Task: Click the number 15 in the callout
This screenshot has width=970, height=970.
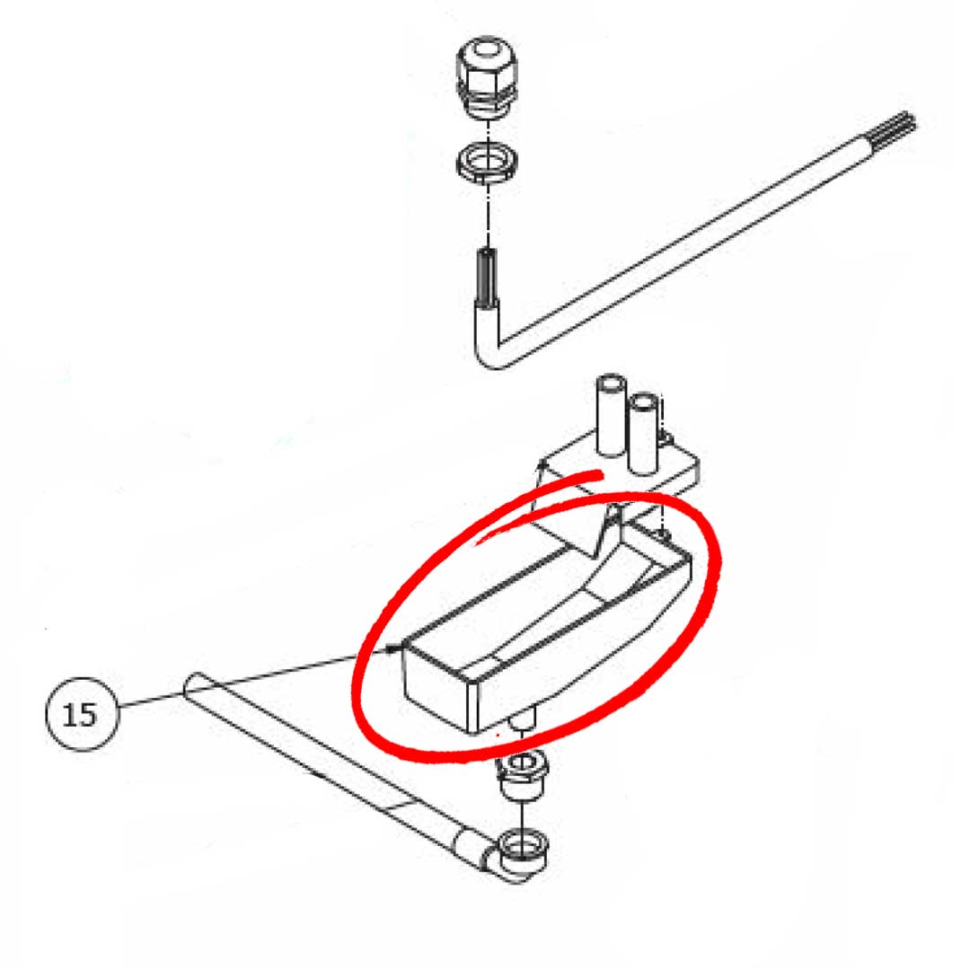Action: pyautogui.click(x=80, y=715)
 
